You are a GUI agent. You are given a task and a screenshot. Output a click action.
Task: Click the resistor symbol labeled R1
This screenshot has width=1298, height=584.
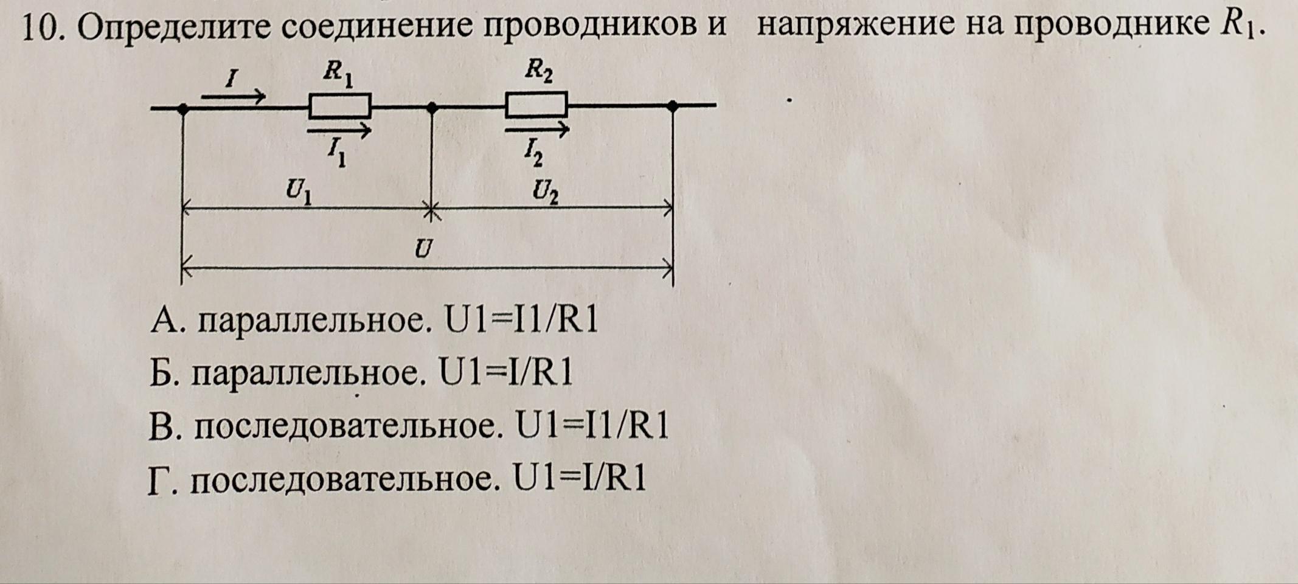pyautogui.click(x=339, y=106)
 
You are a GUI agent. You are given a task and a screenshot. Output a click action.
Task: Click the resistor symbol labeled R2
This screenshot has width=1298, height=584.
pyautogui.click(x=536, y=105)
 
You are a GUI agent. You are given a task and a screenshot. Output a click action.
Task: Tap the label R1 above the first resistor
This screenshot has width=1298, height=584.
pyautogui.click(x=338, y=75)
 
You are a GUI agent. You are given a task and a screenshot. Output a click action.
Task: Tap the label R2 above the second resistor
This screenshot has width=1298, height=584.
pyautogui.click(x=539, y=73)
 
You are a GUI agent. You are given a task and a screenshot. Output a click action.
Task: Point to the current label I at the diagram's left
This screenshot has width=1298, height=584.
pyautogui.click(x=231, y=78)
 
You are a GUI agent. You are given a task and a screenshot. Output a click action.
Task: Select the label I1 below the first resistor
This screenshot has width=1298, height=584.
pyautogui.click(x=336, y=153)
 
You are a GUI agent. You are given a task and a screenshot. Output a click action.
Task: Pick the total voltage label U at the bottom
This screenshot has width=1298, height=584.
pyautogui.click(x=424, y=249)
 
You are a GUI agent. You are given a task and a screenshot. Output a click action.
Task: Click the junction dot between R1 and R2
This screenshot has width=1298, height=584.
pyautogui.click(x=431, y=107)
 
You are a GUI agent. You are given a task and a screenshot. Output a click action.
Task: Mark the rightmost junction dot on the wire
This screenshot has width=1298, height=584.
pyautogui.click(x=672, y=106)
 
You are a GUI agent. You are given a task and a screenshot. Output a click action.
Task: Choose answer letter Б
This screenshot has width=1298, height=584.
pyautogui.click(x=162, y=373)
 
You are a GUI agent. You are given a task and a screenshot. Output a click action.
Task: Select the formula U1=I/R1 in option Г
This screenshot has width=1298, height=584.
pyautogui.click(x=580, y=478)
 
